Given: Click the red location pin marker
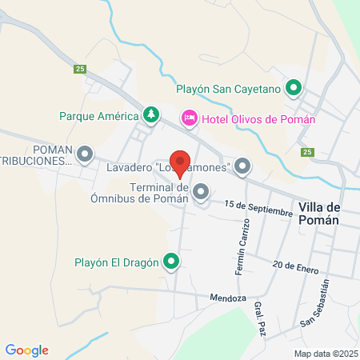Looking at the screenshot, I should [180, 162].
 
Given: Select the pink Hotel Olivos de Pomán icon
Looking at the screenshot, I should [190, 118].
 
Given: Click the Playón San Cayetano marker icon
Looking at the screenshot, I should [294, 88].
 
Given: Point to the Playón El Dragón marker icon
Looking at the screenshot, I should [171, 261].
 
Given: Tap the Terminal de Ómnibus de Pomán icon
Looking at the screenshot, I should [201, 192].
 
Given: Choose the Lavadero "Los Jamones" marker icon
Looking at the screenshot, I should [242, 167].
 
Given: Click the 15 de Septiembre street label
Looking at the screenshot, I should [258, 207].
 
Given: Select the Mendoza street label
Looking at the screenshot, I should [229, 298].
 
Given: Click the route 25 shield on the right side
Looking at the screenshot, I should [307, 152].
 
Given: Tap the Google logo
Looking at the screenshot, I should [26, 350].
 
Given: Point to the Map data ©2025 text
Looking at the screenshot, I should [325, 354].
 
